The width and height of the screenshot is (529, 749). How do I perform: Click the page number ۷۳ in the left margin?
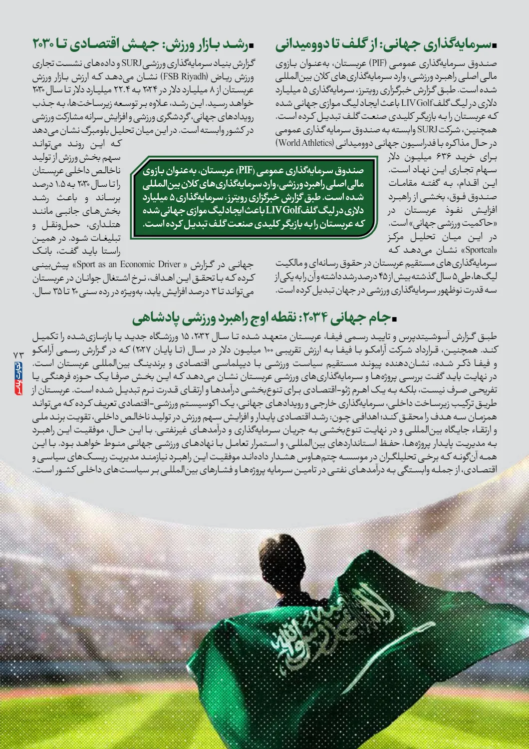(x=18, y=354)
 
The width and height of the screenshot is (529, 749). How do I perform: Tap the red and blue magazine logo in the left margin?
(x=18, y=379)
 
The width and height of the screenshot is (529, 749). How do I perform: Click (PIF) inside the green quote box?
(x=245, y=170)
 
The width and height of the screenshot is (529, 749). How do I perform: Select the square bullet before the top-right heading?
(x=495, y=46)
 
